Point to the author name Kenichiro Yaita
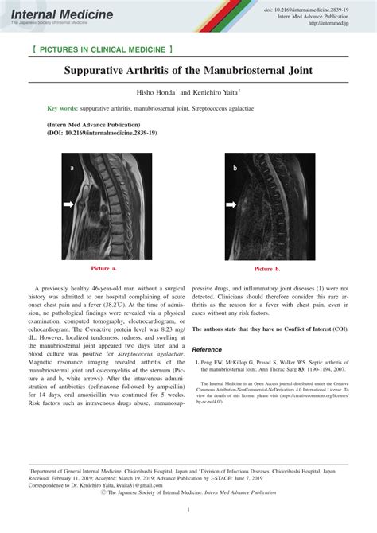(222, 92)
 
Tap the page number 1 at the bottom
(188, 510)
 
